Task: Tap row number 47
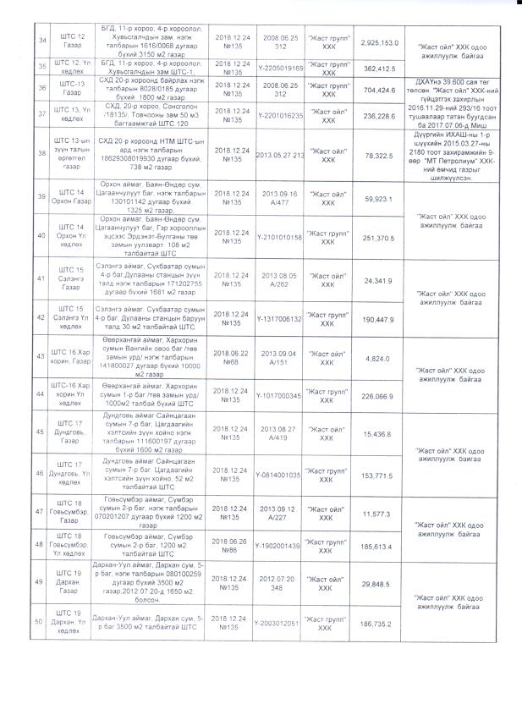click(39, 513)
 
